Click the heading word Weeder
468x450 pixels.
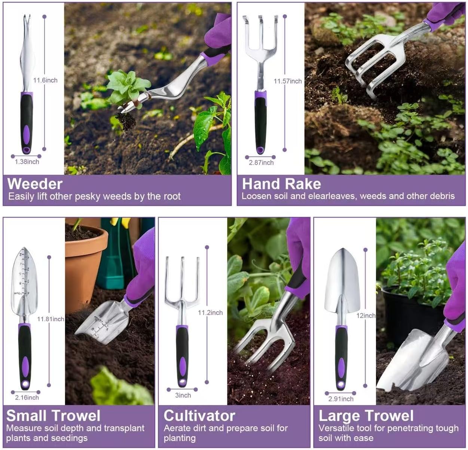(x=35, y=184)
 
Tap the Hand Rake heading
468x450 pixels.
(x=281, y=184)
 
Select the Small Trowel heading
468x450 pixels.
(x=53, y=416)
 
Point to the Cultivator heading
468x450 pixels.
(x=199, y=416)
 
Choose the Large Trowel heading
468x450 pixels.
(x=366, y=416)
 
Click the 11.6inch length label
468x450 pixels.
(x=45, y=80)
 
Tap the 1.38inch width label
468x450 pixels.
(x=27, y=162)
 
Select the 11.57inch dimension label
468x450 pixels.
(x=288, y=81)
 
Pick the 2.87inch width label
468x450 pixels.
(x=261, y=162)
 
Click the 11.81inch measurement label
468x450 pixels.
(x=51, y=319)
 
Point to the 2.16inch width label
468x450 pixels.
(x=27, y=398)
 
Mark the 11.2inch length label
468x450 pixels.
(x=210, y=313)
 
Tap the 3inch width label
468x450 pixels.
(x=183, y=395)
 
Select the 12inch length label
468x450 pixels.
(x=365, y=316)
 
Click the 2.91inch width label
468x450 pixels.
(x=341, y=399)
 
